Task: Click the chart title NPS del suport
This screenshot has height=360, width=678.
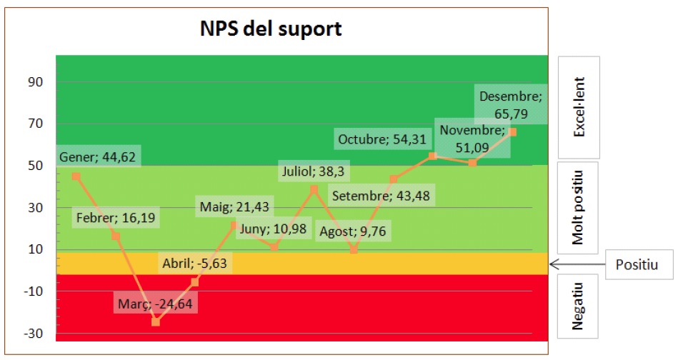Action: tap(270, 29)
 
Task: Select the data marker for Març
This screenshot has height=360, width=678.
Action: tap(156, 322)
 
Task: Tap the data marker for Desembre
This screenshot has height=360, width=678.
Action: tap(513, 132)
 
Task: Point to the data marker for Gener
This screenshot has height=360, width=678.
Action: tap(76, 176)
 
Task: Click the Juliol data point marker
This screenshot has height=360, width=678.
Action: tap(314, 189)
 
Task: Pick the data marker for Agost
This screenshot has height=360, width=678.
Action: tap(354, 249)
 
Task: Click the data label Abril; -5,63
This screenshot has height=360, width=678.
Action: tap(193, 262)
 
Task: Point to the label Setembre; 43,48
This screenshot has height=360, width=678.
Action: tap(384, 196)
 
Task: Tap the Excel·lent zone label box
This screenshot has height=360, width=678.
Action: tap(579, 107)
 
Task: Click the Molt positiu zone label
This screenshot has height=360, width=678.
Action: tap(579, 207)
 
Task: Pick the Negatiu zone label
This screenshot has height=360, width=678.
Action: tap(579, 306)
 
